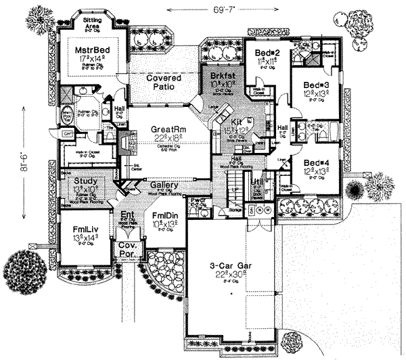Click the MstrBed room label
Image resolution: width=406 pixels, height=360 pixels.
pyautogui.click(x=86, y=49)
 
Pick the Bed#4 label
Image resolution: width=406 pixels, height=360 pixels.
pyautogui.click(x=315, y=163)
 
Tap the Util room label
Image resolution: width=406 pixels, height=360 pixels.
pyautogui.click(x=256, y=183)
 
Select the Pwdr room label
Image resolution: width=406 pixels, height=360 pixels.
pyautogui.click(x=198, y=201)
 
